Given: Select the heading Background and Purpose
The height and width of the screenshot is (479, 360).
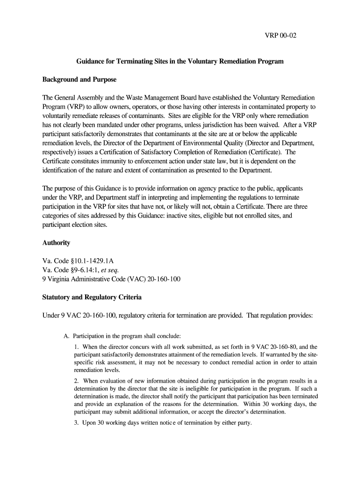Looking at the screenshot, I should pos(79,80).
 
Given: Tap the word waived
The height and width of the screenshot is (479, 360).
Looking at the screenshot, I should pos(274,124).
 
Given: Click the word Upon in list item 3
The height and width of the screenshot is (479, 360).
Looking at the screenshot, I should pos(90,423).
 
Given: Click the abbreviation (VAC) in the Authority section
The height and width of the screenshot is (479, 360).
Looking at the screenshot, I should pos(122,279).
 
